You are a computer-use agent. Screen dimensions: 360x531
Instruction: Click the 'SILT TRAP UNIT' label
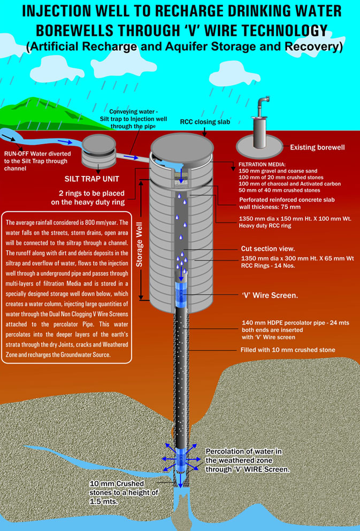coord(92,179)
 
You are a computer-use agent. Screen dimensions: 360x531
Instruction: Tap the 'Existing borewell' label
coord(317,147)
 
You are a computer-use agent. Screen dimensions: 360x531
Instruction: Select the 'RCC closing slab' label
coord(205,122)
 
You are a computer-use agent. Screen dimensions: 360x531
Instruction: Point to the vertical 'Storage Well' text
coord(139,244)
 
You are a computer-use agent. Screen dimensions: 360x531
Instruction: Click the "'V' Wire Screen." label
coord(270,295)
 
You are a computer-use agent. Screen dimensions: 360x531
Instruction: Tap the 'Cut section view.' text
coord(268,249)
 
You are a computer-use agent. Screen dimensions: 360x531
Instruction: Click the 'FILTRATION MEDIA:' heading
coord(262,165)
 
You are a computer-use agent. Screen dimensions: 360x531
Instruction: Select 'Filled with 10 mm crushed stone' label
coord(288,350)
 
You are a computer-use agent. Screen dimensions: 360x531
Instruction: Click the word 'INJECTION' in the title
coord(55,12)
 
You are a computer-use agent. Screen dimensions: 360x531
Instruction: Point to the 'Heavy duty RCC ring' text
coord(265,226)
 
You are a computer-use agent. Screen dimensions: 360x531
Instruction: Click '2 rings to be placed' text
coord(91,194)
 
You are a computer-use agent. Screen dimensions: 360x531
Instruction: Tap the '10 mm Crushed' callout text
coord(117,483)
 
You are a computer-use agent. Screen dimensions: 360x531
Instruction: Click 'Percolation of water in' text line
coord(243,451)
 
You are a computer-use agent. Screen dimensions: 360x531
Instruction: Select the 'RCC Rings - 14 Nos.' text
coord(268,265)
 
